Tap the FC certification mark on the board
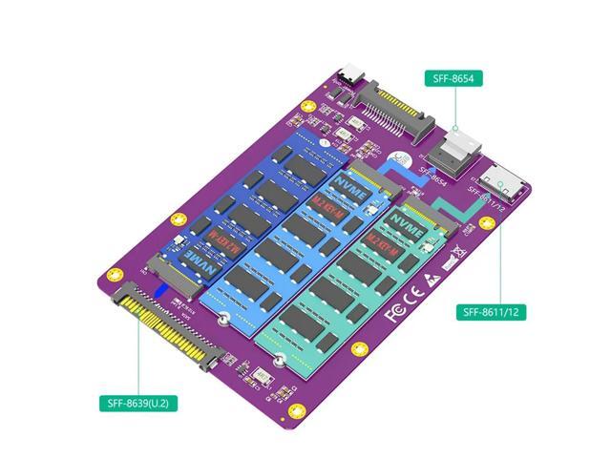click(392, 311)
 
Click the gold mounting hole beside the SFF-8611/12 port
click(486, 224)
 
